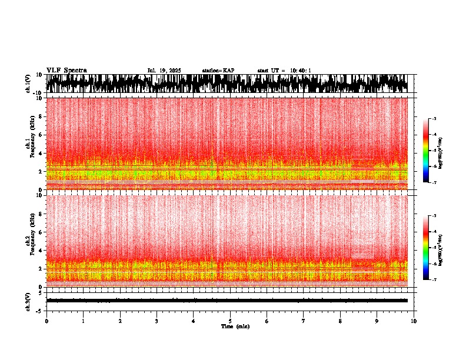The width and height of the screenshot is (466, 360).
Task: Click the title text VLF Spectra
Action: (66, 70)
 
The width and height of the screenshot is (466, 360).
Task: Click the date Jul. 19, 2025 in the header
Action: (164, 71)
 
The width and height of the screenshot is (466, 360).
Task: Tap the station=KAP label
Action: (218, 71)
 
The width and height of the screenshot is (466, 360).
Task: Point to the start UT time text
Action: (284, 71)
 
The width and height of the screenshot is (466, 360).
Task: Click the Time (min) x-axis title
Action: (235, 326)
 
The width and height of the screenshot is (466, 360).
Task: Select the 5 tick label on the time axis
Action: (230, 321)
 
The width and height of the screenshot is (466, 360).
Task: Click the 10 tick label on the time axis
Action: (414, 321)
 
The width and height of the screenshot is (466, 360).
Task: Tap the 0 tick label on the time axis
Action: (46, 321)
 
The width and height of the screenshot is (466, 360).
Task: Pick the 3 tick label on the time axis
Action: (157, 321)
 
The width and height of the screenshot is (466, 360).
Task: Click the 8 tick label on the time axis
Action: (340, 321)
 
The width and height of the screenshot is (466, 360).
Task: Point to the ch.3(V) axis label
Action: (29, 301)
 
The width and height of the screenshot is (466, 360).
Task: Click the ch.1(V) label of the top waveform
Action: (29, 84)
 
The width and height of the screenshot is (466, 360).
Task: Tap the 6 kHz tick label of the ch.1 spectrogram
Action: (41, 135)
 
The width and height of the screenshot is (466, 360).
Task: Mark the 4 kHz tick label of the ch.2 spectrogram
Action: (41, 250)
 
